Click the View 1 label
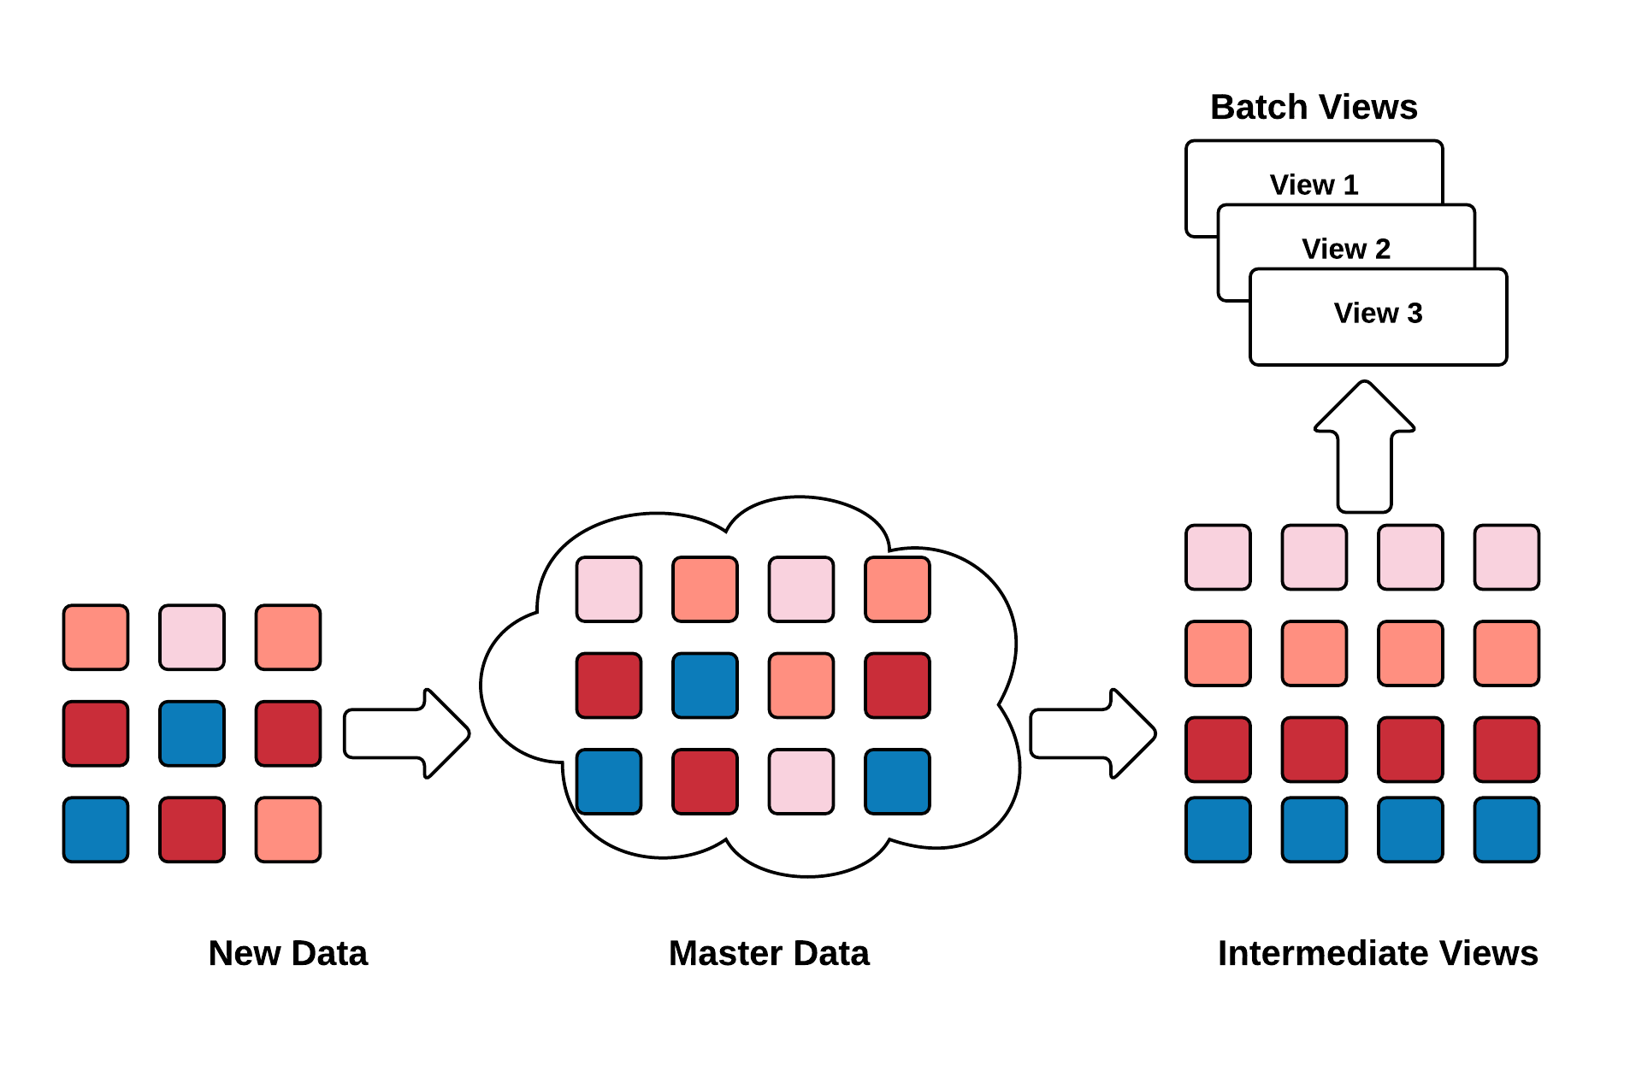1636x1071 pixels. (x=1314, y=185)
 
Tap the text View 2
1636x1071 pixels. (x=1346, y=249)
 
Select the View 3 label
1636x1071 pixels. (x=1378, y=313)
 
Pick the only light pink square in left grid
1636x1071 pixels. (x=192, y=637)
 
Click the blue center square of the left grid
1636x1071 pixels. (x=192, y=733)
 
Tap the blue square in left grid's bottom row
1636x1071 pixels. (x=96, y=829)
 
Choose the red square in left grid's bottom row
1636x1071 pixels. (x=192, y=829)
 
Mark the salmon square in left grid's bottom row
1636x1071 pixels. (x=288, y=829)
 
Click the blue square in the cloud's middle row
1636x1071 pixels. (x=705, y=686)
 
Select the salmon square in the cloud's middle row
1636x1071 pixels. (x=801, y=686)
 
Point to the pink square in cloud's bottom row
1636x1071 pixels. (x=801, y=781)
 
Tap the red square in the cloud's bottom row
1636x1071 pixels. (x=705, y=781)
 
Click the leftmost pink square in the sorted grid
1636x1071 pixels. (x=1218, y=557)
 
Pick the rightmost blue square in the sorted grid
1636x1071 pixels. (x=1506, y=829)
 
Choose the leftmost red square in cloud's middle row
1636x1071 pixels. (x=609, y=686)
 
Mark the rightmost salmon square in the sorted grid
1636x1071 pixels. (x=1506, y=653)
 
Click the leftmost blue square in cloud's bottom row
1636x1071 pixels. (x=609, y=781)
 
